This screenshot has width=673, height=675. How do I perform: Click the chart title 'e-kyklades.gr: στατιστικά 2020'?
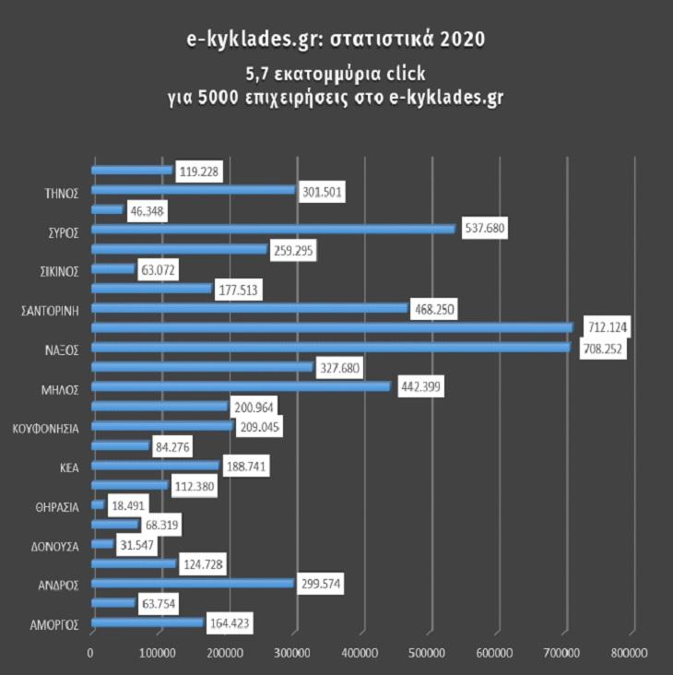point(336,41)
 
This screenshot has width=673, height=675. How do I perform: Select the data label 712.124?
point(603,327)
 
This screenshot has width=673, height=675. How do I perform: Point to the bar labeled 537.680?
point(273,229)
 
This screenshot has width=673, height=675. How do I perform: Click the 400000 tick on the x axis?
point(362,653)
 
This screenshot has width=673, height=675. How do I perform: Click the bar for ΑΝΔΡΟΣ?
point(192,583)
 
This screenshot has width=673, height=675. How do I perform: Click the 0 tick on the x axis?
point(91,653)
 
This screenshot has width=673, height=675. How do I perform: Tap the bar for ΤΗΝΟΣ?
point(193,189)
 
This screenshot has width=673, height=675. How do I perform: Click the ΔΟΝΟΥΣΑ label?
point(56,546)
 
